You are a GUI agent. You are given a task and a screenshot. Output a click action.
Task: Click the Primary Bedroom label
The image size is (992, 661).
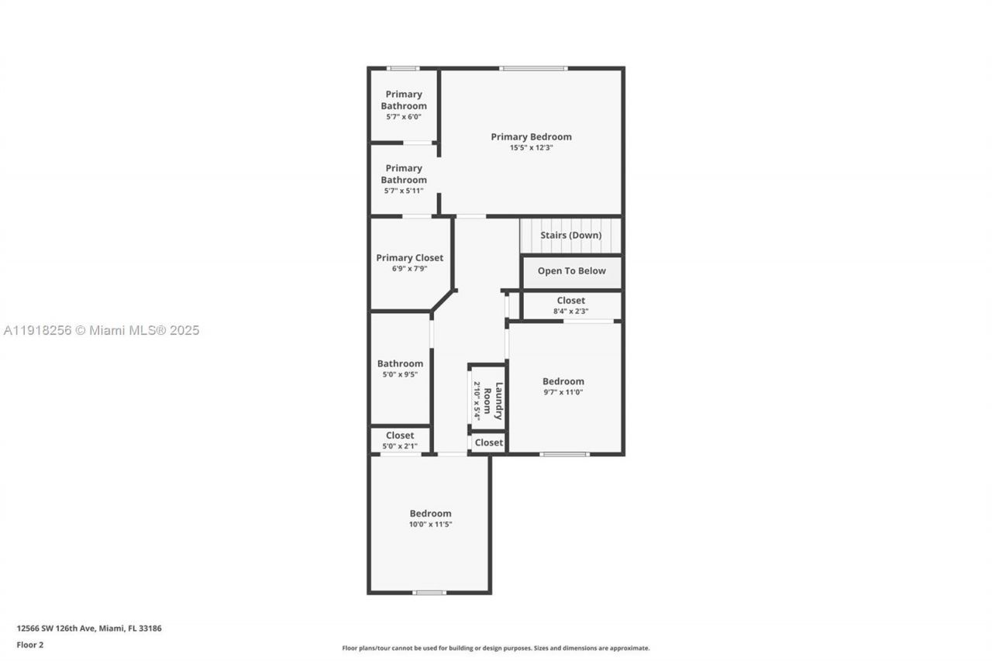(531, 137)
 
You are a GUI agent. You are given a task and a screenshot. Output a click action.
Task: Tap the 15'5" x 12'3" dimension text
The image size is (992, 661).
(531, 148)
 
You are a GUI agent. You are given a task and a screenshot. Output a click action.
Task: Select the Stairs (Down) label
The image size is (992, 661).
(570, 236)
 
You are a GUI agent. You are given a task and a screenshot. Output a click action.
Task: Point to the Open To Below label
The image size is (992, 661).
(571, 271)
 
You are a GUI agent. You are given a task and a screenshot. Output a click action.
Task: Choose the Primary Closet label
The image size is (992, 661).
(409, 258)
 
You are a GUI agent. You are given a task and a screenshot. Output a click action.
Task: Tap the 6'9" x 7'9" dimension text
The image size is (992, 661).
(409, 269)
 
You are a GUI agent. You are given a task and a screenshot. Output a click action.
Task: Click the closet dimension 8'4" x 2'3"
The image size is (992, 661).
(570, 312)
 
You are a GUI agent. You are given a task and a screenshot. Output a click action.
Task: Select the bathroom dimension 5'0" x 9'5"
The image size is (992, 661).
(400, 375)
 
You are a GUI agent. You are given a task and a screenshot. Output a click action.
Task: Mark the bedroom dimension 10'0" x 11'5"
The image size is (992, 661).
(430, 525)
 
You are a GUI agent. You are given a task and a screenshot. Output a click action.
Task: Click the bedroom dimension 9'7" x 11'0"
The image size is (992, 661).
(563, 392)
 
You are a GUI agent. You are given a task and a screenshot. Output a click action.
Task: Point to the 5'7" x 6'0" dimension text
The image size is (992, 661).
(403, 117)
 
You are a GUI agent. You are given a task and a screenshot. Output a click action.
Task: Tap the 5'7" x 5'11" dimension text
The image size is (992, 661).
(403, 191)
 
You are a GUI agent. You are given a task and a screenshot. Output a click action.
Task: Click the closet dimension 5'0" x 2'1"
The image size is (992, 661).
(400, 446)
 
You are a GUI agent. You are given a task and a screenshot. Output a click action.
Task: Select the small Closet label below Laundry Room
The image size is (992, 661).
(488, 442)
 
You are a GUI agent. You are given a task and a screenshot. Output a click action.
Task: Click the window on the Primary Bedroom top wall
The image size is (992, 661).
(533, 68)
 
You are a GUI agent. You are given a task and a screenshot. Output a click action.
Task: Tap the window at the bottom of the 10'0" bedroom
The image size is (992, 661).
(429, 593)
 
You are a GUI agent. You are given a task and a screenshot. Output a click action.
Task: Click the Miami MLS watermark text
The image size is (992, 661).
(102, 331)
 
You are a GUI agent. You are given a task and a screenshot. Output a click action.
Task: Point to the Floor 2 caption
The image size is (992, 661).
(30, 645)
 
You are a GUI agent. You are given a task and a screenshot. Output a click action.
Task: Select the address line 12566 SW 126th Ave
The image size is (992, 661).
(89, 628)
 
